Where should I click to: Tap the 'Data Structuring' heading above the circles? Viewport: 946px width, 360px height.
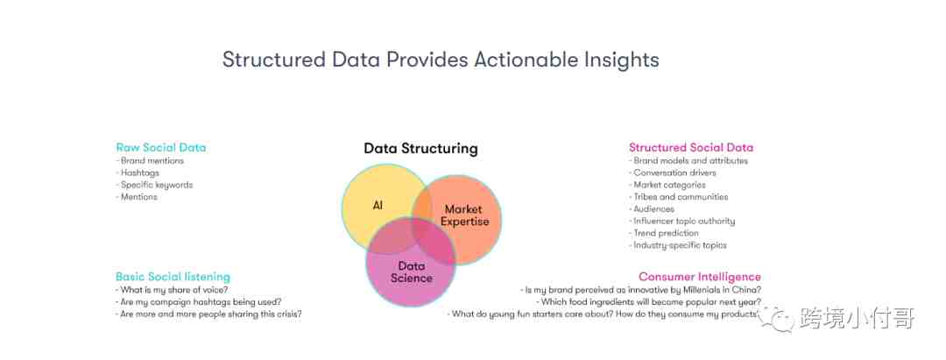(x=420, y=148)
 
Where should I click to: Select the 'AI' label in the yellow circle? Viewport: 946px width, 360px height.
(x=378, y=206)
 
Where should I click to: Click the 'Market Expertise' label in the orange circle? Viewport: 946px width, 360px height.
(x=464, y=215)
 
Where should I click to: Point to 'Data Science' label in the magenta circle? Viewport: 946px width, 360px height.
(x=412, y=272)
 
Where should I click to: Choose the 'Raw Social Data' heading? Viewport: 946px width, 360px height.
(x=161, y=148)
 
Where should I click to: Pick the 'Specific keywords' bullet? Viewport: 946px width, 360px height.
(x=154, y=185)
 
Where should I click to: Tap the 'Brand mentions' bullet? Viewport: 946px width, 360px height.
(x=150, y=161)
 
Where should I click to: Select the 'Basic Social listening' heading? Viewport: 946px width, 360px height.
(x=173, y=277)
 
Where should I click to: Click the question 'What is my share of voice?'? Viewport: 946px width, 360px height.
(x=172, y=289)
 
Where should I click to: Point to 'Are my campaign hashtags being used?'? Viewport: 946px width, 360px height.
(x=199, y=302)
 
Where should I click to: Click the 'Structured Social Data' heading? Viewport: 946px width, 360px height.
(x=691, y=148)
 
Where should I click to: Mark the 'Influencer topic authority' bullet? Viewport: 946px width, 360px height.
(x=682, y=222)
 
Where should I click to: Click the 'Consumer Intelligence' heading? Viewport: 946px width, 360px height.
(x=700, y=277)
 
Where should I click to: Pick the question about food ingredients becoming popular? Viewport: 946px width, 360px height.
(x=648, y=302)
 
